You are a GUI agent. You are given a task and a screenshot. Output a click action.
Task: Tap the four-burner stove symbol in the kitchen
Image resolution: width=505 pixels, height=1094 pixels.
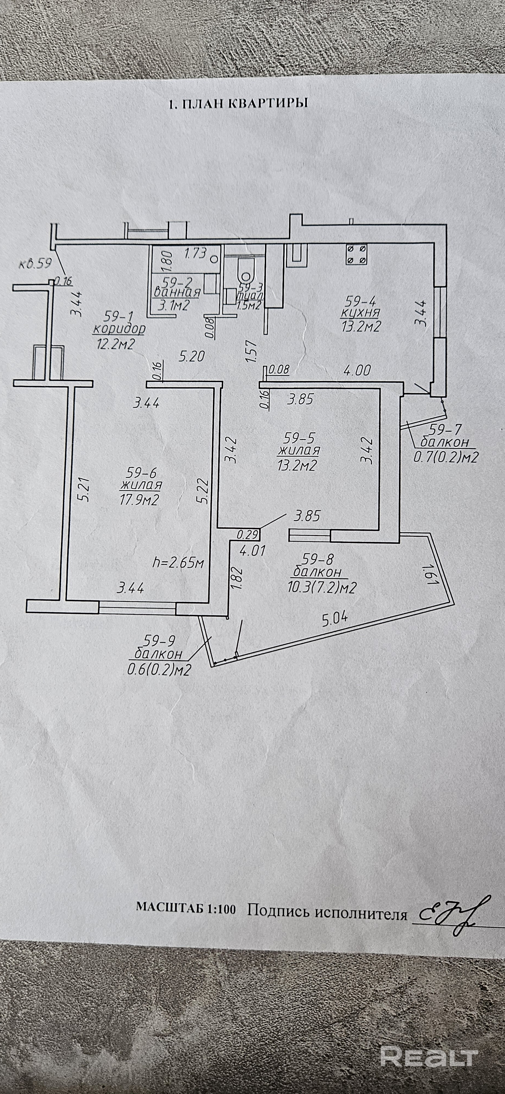coord(356,254)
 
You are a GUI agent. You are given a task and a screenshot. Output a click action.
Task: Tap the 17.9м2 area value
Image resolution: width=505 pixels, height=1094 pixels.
coord(140,500)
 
